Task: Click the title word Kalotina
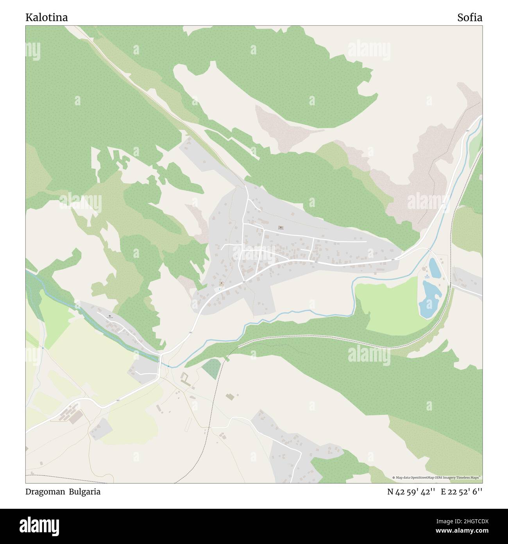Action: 47,18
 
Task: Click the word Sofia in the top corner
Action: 469,18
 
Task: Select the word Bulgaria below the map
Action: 85,492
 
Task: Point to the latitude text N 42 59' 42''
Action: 411,492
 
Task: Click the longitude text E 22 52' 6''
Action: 461,492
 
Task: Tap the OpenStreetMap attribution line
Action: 436,477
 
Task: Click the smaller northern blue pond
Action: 435,267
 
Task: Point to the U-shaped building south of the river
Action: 185,378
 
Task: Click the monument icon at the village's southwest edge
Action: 222,283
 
